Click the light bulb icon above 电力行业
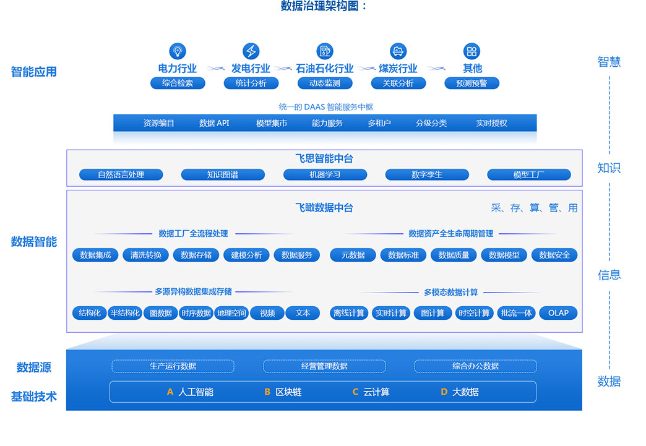pyautogui.click(x=178, y=51)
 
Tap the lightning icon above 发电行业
pyautogui.click(x=251, y=51)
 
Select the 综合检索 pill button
pyautogui.click(x=178, y=83)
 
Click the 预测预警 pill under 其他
pyautogui.click(x=472, y=83)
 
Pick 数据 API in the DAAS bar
pyautogui.click(x=214, y=123)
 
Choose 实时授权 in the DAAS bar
pyautogui.click(x=491, y=123)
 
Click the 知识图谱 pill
pyautogui.click(x=223, y=175)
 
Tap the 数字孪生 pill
pyautogui.click(x=427, y=175)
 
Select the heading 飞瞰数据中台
pyautogui.click(x=324, y=208)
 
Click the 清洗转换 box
pyautogui.click(x=146, y=255)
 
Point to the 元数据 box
pyautogui.click(x=353, y=255)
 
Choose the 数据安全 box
pyautogui.click(x=554, y=255)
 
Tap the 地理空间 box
pyautogui.click(x=232, y=313)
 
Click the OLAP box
pyautogui.click(x=558, y=313)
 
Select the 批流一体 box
pyautogui.click(x=517, y=313)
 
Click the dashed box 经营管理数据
pyautogui.click(x=324, y=366)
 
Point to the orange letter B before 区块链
pyautogui.click(x=267, y=392)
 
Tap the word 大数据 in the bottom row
pyautogui.click(x=465, y=392)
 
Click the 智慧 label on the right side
pyautogui.click(x=609, y=62)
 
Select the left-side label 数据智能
pyautogui.click(x=34, y=242)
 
